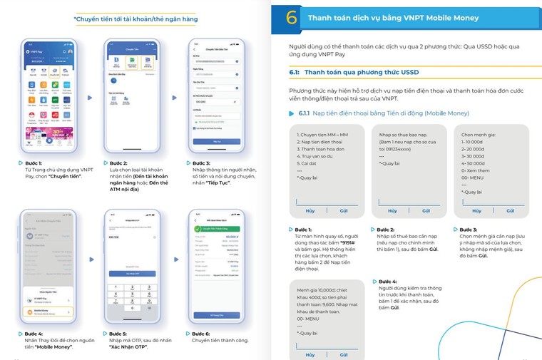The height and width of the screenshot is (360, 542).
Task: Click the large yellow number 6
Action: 291,19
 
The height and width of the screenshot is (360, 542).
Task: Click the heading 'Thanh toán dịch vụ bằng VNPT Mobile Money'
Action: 393,18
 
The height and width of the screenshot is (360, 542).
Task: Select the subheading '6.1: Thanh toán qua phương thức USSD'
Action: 354,73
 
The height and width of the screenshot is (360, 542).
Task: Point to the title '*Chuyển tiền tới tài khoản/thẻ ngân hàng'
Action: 135,19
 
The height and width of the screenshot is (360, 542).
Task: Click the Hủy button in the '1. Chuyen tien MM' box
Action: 310,211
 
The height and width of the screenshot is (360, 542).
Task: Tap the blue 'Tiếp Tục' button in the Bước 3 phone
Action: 217,143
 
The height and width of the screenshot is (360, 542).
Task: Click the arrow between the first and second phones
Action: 89,97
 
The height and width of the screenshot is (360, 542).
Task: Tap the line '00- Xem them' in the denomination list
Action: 476,171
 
